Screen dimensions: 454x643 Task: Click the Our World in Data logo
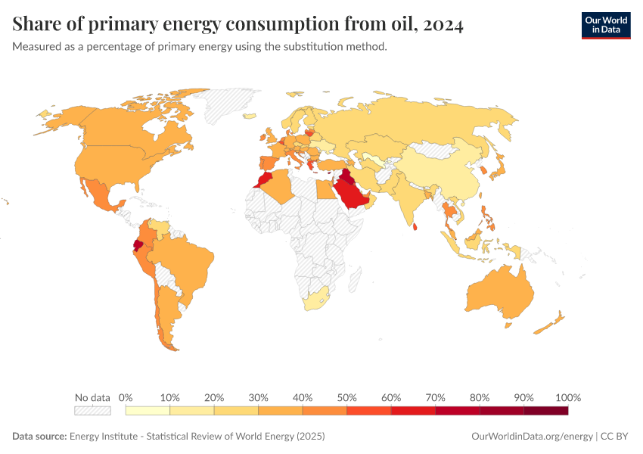pyautogui.click(x=605, y=25)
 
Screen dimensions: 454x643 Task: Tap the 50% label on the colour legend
pyautogui.click(x=346, y=397)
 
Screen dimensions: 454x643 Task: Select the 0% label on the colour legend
pyautogui.click(x=126, y=397)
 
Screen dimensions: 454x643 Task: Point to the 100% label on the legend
pyautogui.click(x=567, y=397)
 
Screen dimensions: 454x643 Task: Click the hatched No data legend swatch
pyautogui.click(x=92, y=411)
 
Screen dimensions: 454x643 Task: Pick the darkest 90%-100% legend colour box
pyautogui.click(x=545, y=411)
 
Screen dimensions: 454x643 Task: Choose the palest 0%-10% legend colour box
pyautogui.click(x=148, y=411)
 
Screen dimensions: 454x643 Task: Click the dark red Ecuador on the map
pyautogui.click(x=138, y=244)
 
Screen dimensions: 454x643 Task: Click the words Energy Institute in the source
pyautogui.click(x=106, y=437)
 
